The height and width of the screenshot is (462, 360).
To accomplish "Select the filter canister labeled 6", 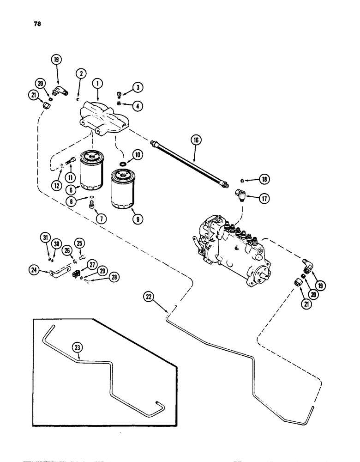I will click(93, 170).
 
